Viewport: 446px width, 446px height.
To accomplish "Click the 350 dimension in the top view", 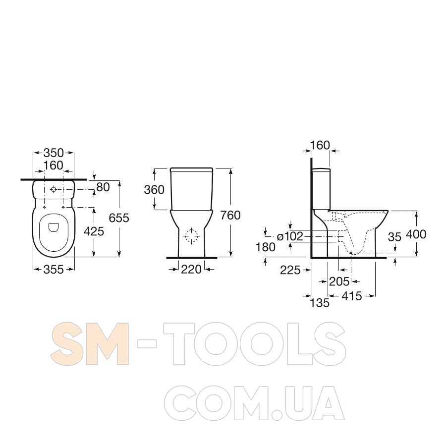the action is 54,153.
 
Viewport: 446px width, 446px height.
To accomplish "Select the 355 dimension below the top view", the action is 54,269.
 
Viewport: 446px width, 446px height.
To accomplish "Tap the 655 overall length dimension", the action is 119,218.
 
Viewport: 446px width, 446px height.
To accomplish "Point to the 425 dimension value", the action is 94,231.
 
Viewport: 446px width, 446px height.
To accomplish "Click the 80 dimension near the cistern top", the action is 103,187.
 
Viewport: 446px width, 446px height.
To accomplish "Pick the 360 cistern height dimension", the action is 154,189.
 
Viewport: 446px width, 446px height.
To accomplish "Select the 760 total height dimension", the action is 230,216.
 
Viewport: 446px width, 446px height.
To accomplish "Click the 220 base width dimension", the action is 191,269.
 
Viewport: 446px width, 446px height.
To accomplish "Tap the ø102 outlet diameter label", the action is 290,236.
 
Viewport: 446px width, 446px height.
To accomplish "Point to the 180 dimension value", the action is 266,247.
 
